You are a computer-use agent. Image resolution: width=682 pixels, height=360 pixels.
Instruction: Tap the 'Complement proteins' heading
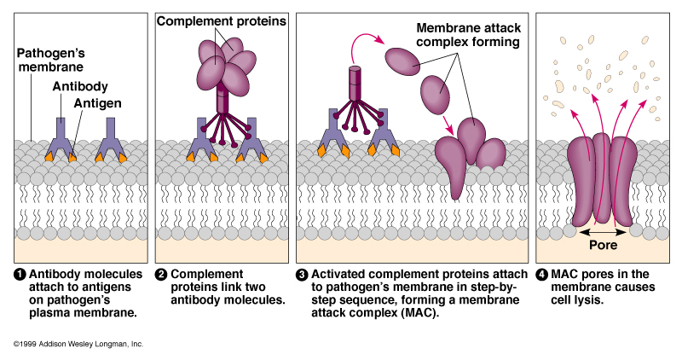click(x=220, y=19)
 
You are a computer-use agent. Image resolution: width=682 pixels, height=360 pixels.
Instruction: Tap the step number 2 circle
click(x=160, y=274)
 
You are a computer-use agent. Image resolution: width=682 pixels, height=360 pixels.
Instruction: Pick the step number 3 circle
click(x=302, y=274)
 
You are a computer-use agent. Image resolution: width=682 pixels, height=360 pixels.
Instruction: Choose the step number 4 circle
click(x=542, y=274)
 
